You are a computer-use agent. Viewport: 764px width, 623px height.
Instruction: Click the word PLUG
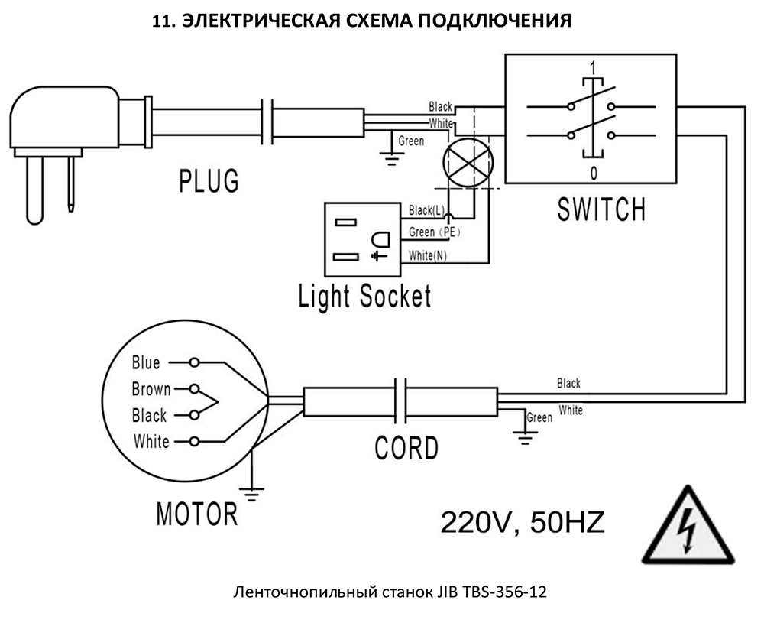pos(209,181)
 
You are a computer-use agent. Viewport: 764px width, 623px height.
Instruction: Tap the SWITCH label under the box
pos(602,209)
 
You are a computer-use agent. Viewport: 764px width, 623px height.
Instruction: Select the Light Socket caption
pos(365,296)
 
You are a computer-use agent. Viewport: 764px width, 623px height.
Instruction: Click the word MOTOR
pos(197,514)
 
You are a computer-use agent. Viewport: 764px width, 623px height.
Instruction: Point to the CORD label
pos(407,447)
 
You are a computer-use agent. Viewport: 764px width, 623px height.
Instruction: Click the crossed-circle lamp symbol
pos(468,163)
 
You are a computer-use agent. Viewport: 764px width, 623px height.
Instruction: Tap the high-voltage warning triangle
pos(688,525)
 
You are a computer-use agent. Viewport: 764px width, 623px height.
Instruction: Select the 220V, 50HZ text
pos(523,522)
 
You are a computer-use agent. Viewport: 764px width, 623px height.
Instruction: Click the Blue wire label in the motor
pos(146,362)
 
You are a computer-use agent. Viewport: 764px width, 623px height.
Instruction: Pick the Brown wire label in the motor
pos(151,389)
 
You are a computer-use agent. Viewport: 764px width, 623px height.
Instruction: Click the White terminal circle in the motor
pos(194,442)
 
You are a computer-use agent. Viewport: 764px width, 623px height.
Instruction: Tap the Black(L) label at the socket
pos(426,210)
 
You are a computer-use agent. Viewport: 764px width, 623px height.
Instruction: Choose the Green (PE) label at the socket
pos(435,232)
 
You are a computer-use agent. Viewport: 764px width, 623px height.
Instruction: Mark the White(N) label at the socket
pos(427,255)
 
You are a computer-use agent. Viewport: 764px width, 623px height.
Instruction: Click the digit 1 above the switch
pos(593,67)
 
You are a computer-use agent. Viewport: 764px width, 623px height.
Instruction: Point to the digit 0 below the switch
pos(593,174)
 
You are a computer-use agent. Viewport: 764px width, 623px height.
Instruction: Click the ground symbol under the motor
pos(251,494)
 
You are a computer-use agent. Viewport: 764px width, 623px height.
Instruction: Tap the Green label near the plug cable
pos(411,141)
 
